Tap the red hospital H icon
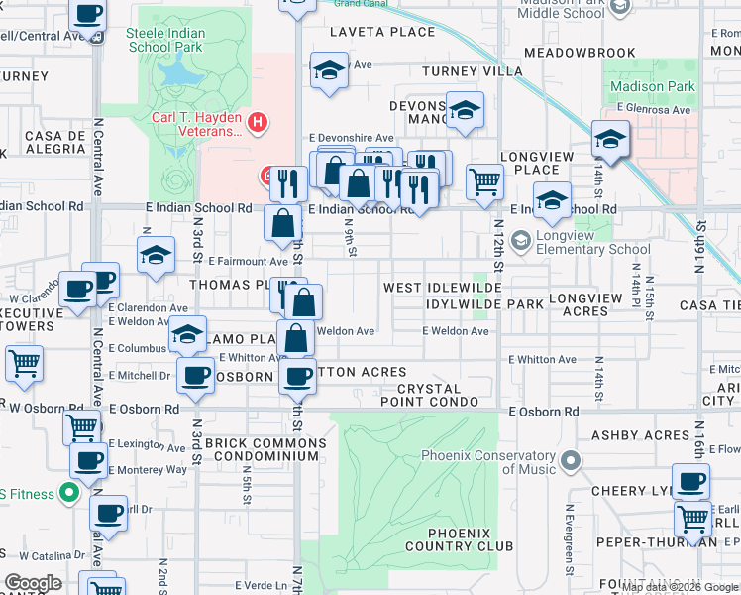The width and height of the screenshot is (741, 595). pos(258,123)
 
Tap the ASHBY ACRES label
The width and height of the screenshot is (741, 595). pos(640,435)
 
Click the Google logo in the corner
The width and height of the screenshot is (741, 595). pos(33,583)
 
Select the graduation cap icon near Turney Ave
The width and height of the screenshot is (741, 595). pos(329,71)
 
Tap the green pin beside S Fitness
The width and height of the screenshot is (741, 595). pos(68,491)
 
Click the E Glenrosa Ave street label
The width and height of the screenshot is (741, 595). pos(653,109)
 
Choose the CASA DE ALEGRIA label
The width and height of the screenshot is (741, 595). pos(43,142)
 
